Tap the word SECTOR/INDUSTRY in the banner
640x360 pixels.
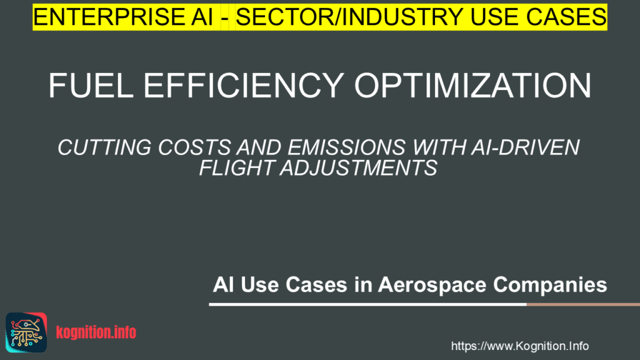(x=349, y=17)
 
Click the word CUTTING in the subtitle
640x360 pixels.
(x=104, y=147)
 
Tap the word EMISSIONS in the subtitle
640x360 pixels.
(x=346, y=147)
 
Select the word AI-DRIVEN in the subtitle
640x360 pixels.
(x=525, y=147)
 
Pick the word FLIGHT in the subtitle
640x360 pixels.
(x=236, y=167)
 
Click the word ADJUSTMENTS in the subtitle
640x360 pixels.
(x=359, y=167)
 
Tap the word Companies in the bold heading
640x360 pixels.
(x=550, y=285)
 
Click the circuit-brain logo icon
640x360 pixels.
(x=26, y=332)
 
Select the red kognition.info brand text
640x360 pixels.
(x=96, y=332)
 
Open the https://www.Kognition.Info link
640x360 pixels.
(x=519, y=346)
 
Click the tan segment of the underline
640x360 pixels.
(x=583, y=304)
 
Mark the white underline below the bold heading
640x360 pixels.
(x=367, y=304)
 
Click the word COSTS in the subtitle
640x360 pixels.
(x=194, y=147)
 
